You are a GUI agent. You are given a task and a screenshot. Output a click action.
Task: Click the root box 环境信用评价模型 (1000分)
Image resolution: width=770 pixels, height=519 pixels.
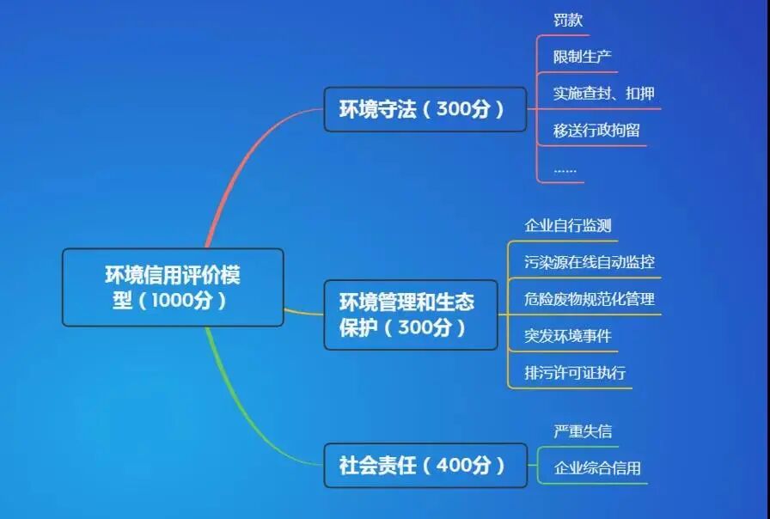click(172, 287)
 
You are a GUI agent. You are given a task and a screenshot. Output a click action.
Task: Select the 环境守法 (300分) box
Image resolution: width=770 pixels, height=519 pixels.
click(425, 109)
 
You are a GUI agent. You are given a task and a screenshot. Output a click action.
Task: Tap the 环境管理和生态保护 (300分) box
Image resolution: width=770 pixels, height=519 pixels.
click(410, 314)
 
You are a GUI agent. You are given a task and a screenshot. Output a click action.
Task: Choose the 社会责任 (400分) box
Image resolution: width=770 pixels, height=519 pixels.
click(425, 466)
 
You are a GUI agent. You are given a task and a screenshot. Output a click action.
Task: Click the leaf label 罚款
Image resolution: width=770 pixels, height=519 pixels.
click(568, 20)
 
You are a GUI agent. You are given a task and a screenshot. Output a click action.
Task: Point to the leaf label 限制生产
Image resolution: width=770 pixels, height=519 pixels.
click(582, 57)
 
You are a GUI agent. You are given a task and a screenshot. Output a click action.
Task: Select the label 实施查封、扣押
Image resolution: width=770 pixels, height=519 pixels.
click(603, 93)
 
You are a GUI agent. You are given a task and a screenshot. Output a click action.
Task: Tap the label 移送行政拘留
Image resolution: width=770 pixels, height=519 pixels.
click(596, 131)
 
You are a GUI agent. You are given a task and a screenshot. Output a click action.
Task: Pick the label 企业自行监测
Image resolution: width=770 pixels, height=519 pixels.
click(568, 225)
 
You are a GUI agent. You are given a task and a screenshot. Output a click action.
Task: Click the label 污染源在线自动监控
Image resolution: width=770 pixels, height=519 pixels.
click(589, 262)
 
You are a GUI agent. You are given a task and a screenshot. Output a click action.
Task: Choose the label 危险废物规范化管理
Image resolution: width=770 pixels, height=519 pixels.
click(589, 299)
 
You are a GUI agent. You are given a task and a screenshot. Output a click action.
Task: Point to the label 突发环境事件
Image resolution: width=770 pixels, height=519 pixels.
click(568, 335)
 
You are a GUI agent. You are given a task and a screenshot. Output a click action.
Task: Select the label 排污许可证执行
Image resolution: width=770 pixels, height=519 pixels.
click(575, 373)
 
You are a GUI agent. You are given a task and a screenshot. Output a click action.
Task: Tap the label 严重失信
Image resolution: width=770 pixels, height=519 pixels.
click(582, 431)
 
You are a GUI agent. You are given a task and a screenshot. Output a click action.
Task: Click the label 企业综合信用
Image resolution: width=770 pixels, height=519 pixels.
click(596, 468)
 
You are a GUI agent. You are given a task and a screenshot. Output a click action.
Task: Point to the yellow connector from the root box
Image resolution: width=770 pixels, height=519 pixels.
click(302, 312)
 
